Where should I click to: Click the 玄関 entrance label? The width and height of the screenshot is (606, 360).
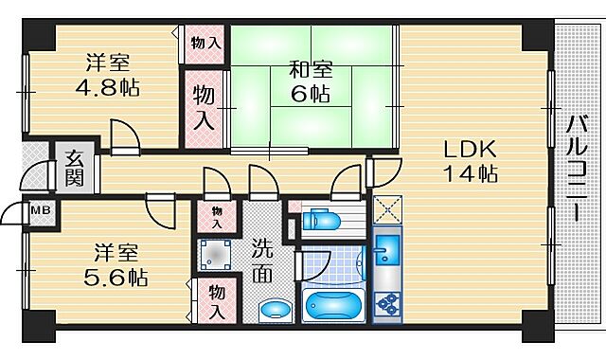coord(75,167)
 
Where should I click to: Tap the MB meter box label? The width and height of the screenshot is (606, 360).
coord(41,210)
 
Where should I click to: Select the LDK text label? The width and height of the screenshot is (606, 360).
coord(461,150)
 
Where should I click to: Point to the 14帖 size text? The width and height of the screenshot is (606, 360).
coord(461,174)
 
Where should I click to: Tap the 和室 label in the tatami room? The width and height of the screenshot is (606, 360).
coord(311,69)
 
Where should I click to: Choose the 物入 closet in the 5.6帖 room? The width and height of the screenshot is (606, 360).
coord(216,301)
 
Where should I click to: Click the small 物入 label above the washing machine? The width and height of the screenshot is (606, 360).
coord(217,216)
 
